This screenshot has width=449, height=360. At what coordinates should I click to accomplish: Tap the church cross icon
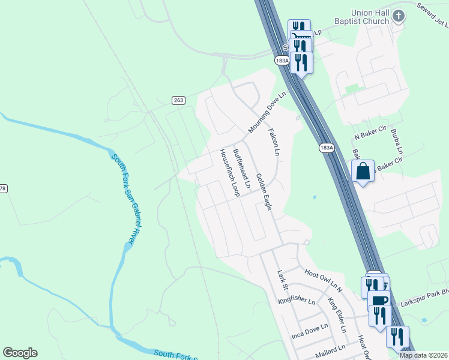[x=400, y=16]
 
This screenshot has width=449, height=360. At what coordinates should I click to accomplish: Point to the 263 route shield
[x=178, y=100]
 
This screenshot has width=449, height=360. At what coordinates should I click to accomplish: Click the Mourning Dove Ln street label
[x=268, y=112]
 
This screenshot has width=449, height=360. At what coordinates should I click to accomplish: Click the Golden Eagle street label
[x=264, y=191]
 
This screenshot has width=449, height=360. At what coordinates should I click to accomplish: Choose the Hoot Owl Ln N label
[x=323, y=281]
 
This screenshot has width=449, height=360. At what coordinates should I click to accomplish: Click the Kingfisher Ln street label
[x=297, y=299]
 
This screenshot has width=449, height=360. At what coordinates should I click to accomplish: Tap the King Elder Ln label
[x=336, y=315]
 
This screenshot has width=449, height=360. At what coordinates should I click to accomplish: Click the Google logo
[x=20, y=353]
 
